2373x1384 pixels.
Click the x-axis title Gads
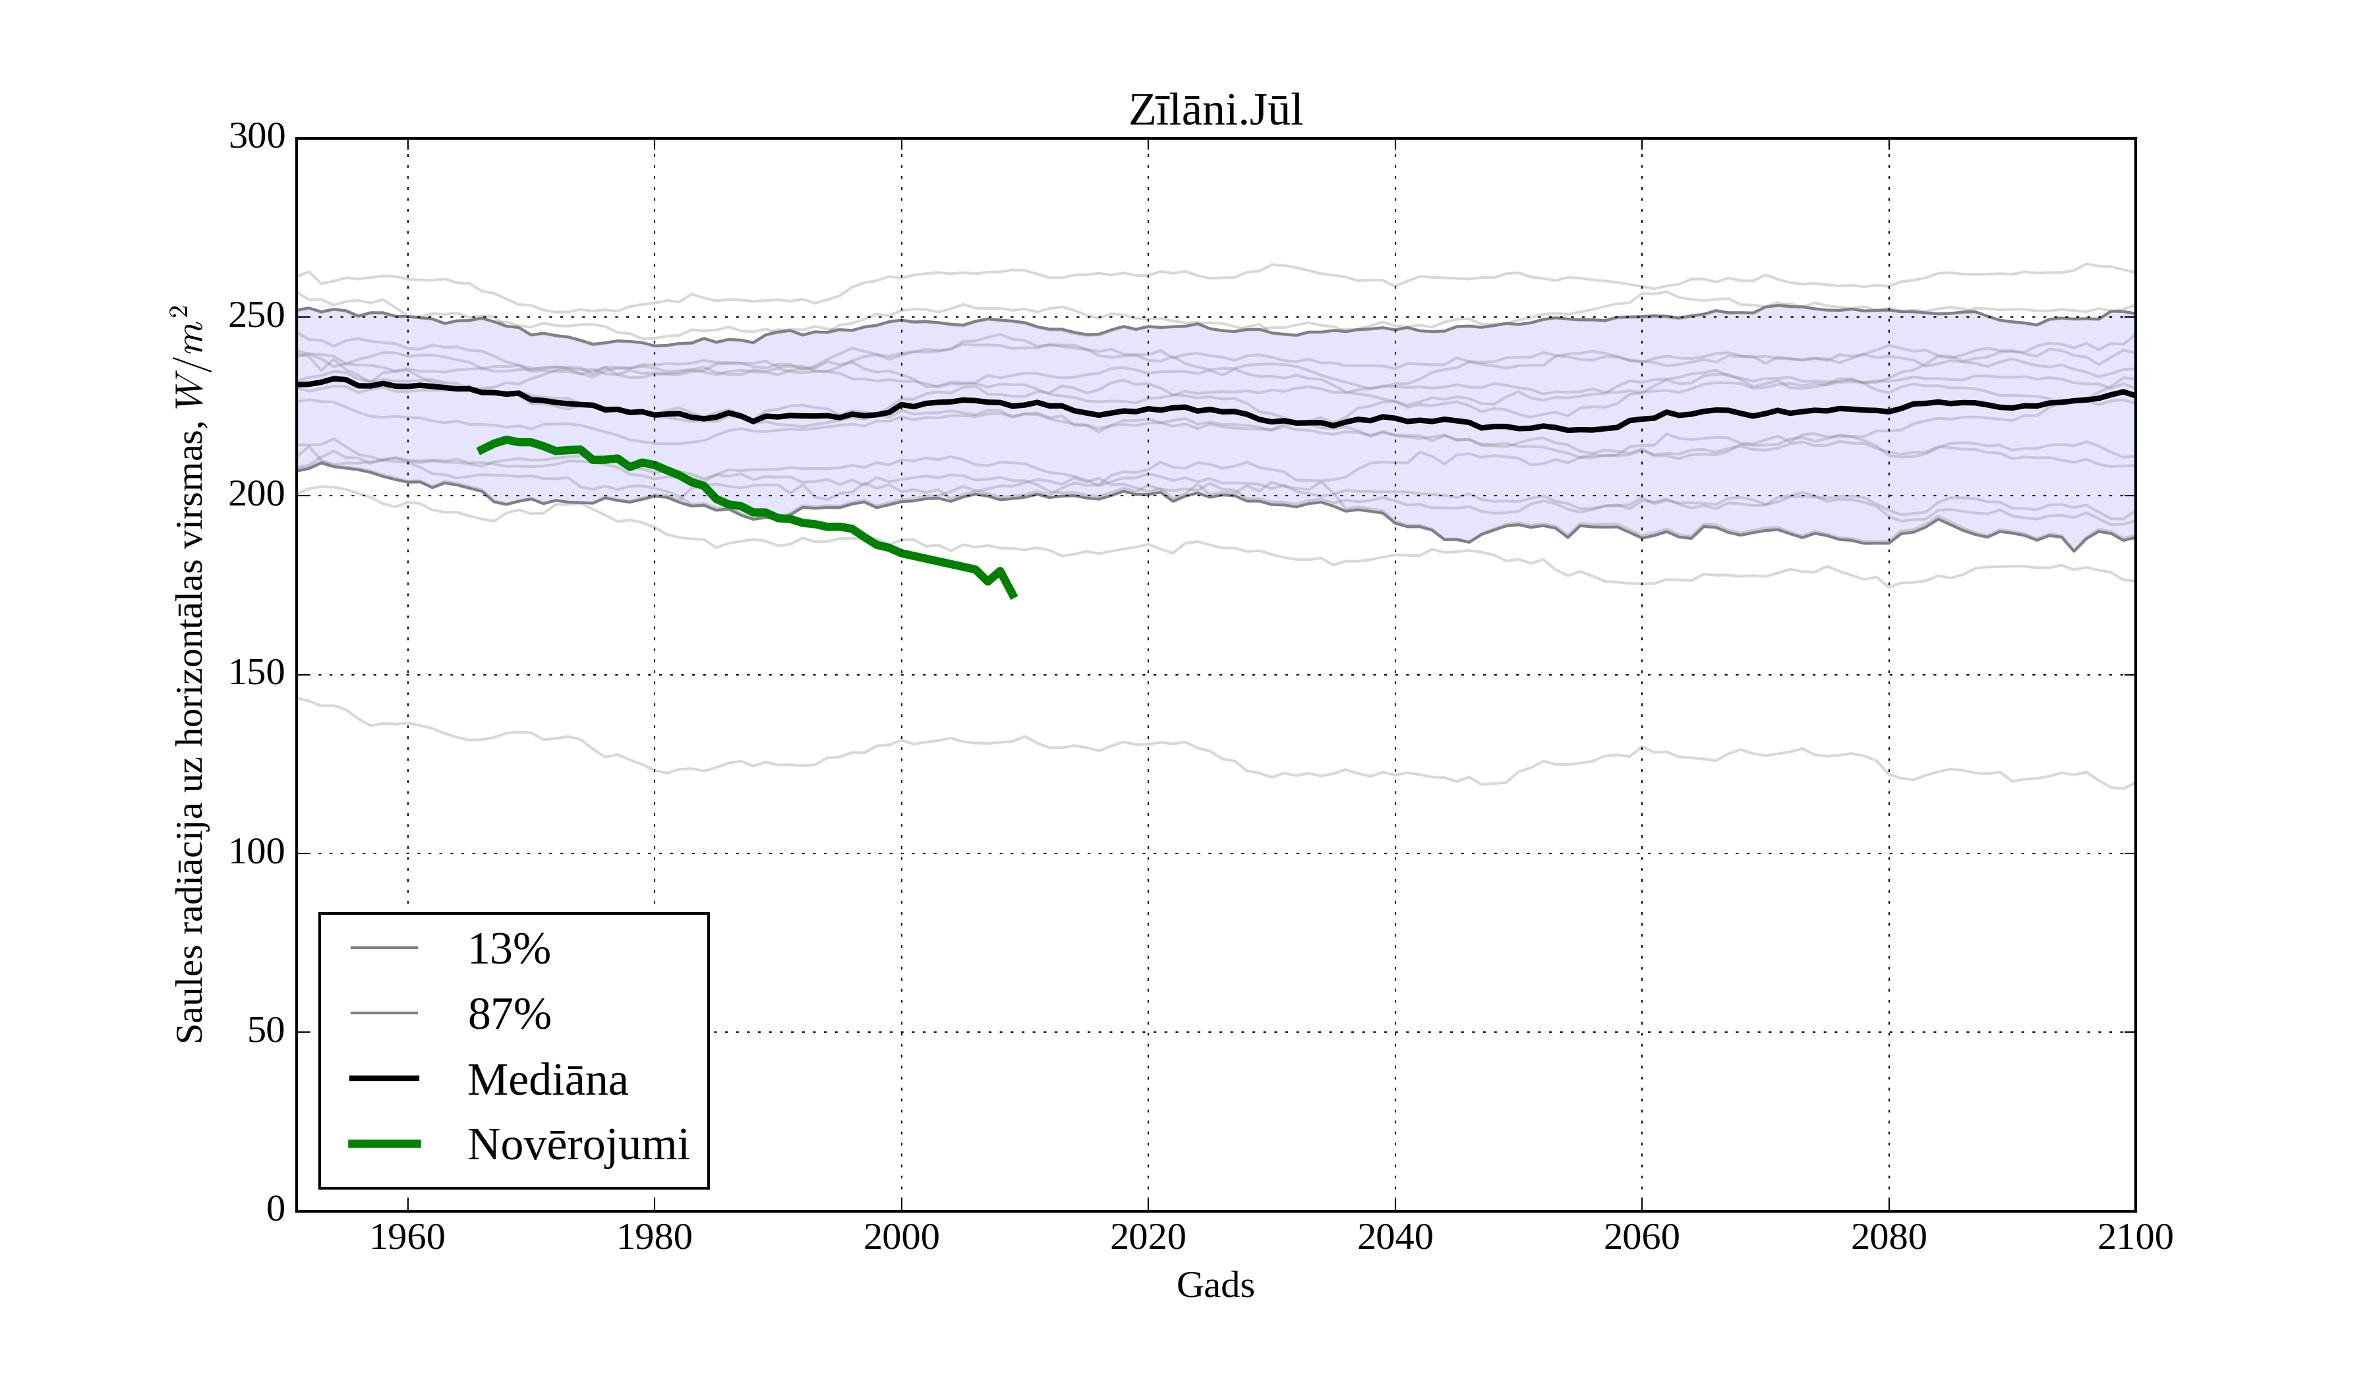(x=1215, y=1286)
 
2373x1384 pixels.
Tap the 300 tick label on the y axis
(x=257, y=138)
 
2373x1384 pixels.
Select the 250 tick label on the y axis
(x=257, y=316)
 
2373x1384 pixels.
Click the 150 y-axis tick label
(x=257, y=674)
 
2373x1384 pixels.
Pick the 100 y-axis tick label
(x=257, y=853)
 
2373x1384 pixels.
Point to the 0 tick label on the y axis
(x=276, y=1210)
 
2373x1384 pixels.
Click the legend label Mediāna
(x=547, y=1080)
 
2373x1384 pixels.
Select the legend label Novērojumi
(x=578, y=1145)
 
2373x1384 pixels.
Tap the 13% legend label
(x=508, y=949)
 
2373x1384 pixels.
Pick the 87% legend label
(x=508, y=1015)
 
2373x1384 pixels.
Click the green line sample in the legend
(x=384, y=1144)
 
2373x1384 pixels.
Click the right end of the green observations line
(x=1013, y=596)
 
